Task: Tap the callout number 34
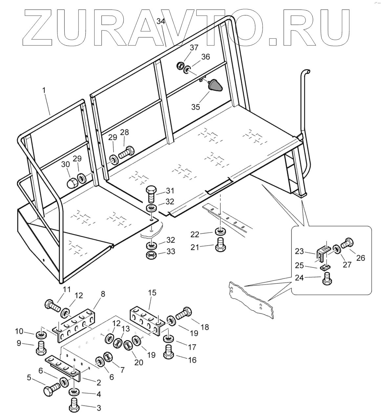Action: [161, 22]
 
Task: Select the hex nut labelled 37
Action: [180, 66]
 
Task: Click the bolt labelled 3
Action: [74, 406]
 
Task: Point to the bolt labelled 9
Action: [41, 347]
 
